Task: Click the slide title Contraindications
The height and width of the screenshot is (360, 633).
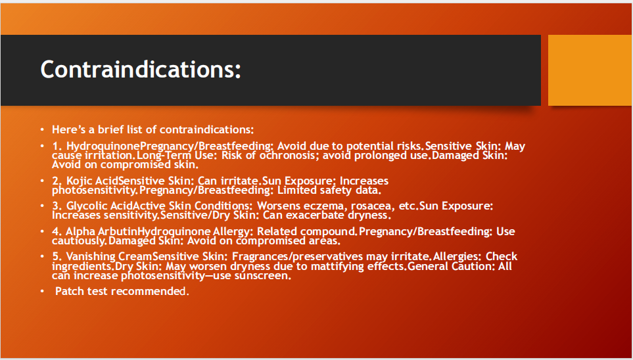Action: pos(141,70)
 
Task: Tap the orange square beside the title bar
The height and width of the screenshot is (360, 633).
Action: pos(590,70)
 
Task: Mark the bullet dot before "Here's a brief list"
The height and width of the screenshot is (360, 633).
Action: pos(42,130)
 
